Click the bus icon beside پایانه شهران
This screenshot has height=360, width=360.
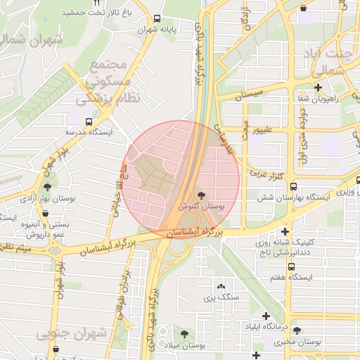pyautogui.click(x=156, y=19)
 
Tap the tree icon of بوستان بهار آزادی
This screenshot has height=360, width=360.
pyautogui.click(x=47, y=187)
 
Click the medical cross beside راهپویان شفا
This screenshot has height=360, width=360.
pyautogui.click(x=319, y=87)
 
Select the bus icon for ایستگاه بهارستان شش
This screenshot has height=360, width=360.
pyautogui.click(x=292, y=187)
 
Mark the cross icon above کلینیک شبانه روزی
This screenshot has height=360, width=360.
pyautogui.click(x=285, y=231)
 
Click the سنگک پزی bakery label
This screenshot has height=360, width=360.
pyautogui.click(x=222, y=298)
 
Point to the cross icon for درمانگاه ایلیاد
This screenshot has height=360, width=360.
pyautogui.click(x=266, y=316)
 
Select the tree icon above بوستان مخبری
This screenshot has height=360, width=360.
pyautogui.click(x=297, y=330)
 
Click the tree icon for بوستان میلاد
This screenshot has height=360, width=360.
pyautogui.click(x=184, y=334)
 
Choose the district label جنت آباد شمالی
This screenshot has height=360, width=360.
pyautogui.click(x=328, y=62)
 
